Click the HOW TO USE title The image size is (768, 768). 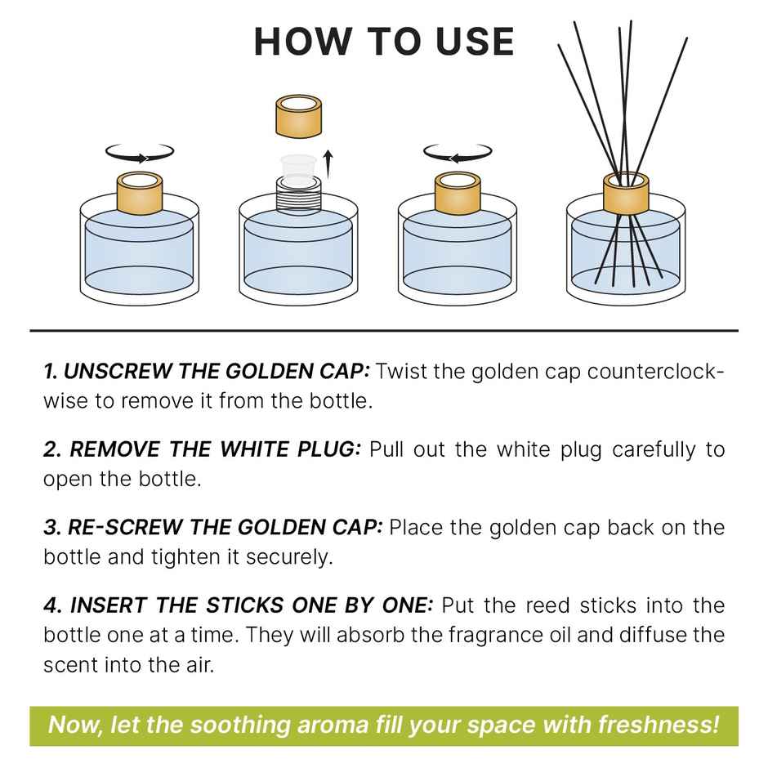point(384,41)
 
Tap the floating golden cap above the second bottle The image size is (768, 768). point(300,116)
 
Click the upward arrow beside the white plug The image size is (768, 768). point(328,163)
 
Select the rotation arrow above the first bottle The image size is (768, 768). point(141,153)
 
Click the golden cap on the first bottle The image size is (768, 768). point(141,192)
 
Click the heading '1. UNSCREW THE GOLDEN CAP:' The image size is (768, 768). point(207,372)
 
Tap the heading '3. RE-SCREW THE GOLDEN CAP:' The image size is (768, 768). point(212,527)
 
